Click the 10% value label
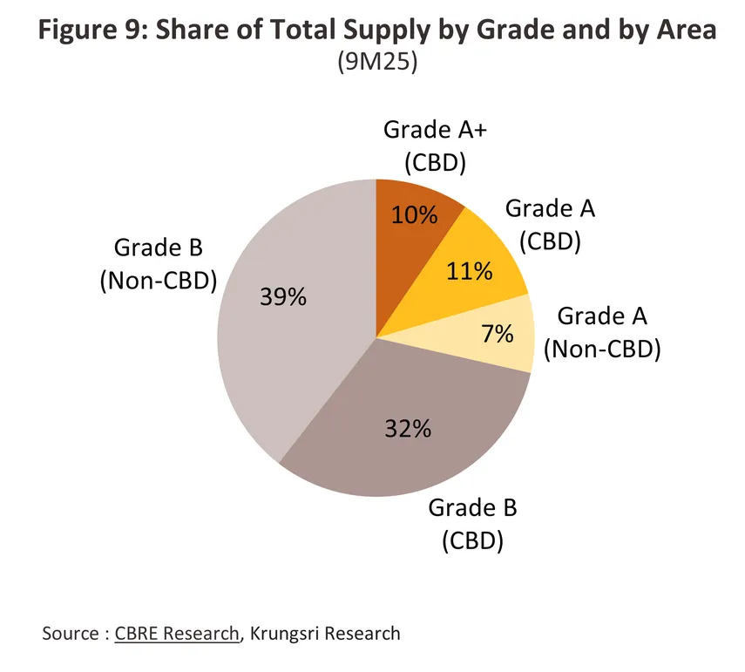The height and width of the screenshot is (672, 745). pos(416,214)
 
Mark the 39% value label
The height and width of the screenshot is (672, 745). pos(283,297)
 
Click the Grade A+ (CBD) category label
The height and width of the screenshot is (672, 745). pos(425,146)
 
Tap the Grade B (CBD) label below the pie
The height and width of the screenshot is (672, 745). pos(472,524)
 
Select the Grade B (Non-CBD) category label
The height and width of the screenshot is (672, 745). pos(158,264)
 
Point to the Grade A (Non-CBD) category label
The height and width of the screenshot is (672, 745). pos(602,331)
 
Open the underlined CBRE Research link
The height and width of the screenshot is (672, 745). pos(177,634)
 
